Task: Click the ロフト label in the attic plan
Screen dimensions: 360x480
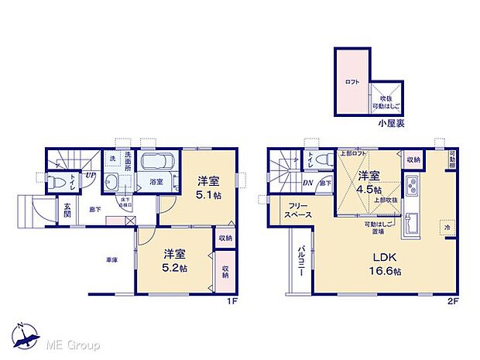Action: coord(352,83)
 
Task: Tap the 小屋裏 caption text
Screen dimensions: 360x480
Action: coord(389,123)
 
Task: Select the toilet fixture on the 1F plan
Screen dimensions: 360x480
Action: coord(57,183)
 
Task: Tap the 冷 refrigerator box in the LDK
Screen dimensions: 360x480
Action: coord(448,227)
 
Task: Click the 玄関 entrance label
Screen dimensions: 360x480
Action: coord(67,211)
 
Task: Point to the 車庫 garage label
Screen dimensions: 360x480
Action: coord(111,259)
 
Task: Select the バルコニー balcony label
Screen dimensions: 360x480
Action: coord(299,266)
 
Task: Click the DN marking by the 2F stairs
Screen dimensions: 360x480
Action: coord(307,183)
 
